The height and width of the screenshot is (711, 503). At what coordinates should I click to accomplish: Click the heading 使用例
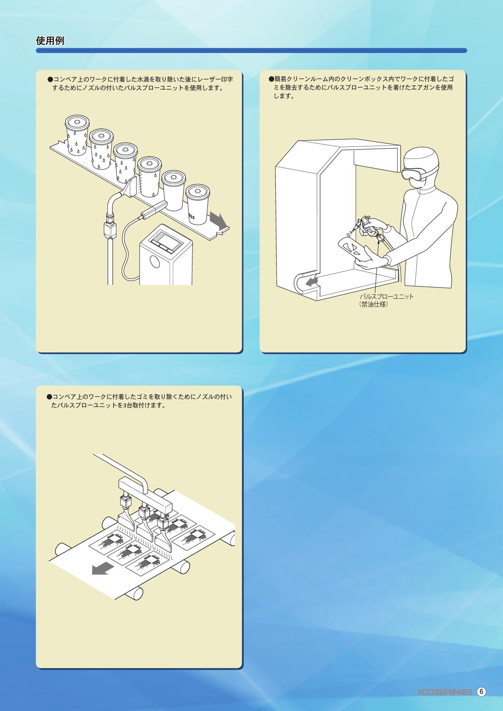(x=50, y=41)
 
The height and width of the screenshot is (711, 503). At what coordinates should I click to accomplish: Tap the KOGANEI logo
(x=445, y=692)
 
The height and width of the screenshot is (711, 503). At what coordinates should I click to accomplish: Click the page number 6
(x=481, y=692)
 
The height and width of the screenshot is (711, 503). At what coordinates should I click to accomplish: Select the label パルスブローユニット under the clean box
(x=387, y=297)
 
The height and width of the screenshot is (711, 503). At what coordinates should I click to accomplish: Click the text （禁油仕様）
(x=374, y=304)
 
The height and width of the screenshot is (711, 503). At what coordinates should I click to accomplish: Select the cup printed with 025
(x=197, y=205)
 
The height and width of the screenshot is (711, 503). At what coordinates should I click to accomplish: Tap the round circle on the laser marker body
(x=154, y=261)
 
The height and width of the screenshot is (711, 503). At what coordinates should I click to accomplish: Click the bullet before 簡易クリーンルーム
(x=272, y=79)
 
